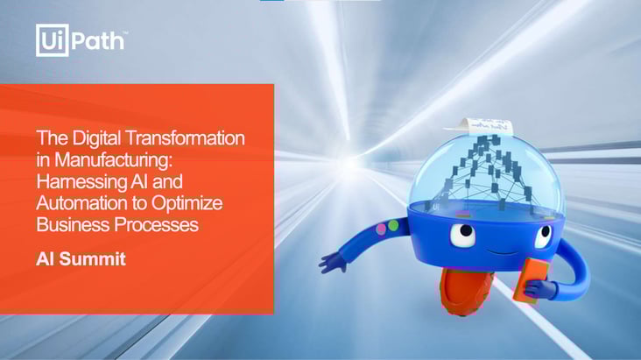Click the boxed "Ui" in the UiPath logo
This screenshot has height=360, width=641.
[52, 40]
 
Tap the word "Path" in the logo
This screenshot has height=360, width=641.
[98, 40]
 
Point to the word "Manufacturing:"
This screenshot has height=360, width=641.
[114, 159]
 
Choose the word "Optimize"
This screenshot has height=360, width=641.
[187, 203]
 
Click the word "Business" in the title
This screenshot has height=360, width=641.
[73, 224]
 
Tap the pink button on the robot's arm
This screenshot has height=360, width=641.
[381, 229]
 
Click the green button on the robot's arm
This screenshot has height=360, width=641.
[393, 225]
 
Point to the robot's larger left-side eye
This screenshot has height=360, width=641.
[463, 235]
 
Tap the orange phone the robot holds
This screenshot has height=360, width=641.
[532, 280]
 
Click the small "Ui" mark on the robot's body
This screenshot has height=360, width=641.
[436, 206]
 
